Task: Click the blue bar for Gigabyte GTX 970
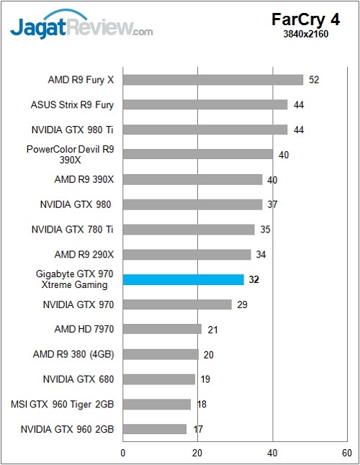(x=184, y=279)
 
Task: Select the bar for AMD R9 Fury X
(x=213, y=80)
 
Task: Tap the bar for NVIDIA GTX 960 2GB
(x=155, y=429)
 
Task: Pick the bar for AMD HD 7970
(x=162, y=329)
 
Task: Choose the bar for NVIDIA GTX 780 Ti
(x=189, y=230)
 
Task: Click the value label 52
(x=314, y=80)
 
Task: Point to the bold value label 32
(x=253, y=279)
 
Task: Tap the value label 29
(x=242, y=304)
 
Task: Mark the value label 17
(x=197, y=429)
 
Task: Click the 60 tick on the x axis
(x=346, y=453)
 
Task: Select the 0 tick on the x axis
(x=123, y=453)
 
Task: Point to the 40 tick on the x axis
(x=272, y=453)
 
